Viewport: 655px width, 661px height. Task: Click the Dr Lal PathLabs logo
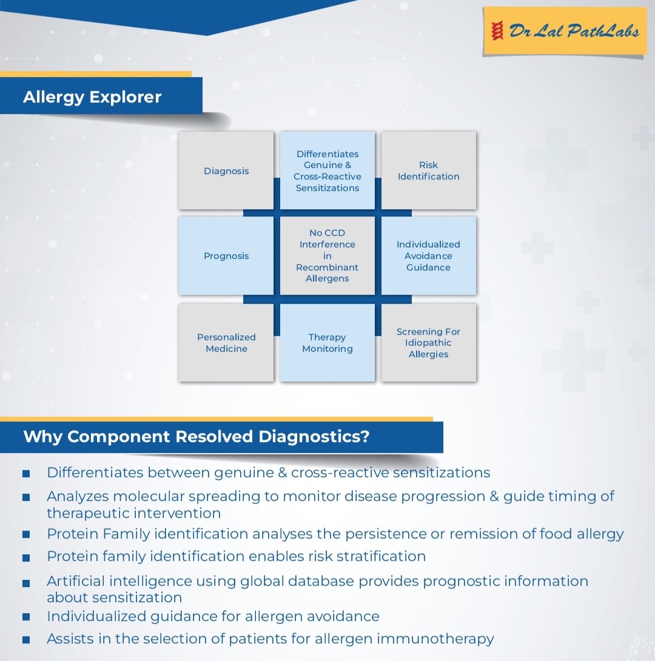(x=563, y=31)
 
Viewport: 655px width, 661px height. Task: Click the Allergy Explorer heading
(x=92, y=97)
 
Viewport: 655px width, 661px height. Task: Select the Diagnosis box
(x=226, y=171)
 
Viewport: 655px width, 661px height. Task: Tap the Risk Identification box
(x=428, y=171)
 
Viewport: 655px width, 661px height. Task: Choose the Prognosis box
(x=226, y=256)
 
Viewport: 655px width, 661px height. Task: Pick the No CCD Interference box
(x=327, y=256)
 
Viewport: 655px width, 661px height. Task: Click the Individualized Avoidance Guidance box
(x=428, y=256)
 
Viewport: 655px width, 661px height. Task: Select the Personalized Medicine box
(x=226, y=343)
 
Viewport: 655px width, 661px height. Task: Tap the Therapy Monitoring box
(x=327, y=343)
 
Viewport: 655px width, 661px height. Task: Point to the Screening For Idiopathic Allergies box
(x=428, y=343)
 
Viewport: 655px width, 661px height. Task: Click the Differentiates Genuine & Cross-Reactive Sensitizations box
(x=327, y=171)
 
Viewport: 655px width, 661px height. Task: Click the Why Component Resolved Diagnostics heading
(x=196, y=437)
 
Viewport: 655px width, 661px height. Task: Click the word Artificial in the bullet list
(x=76, y=581)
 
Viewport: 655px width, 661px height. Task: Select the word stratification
(x=377, y=556)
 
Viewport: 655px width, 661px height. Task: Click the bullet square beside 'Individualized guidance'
(x=26, y=617)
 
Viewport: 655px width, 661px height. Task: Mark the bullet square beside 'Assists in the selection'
(x=26, y=639)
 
